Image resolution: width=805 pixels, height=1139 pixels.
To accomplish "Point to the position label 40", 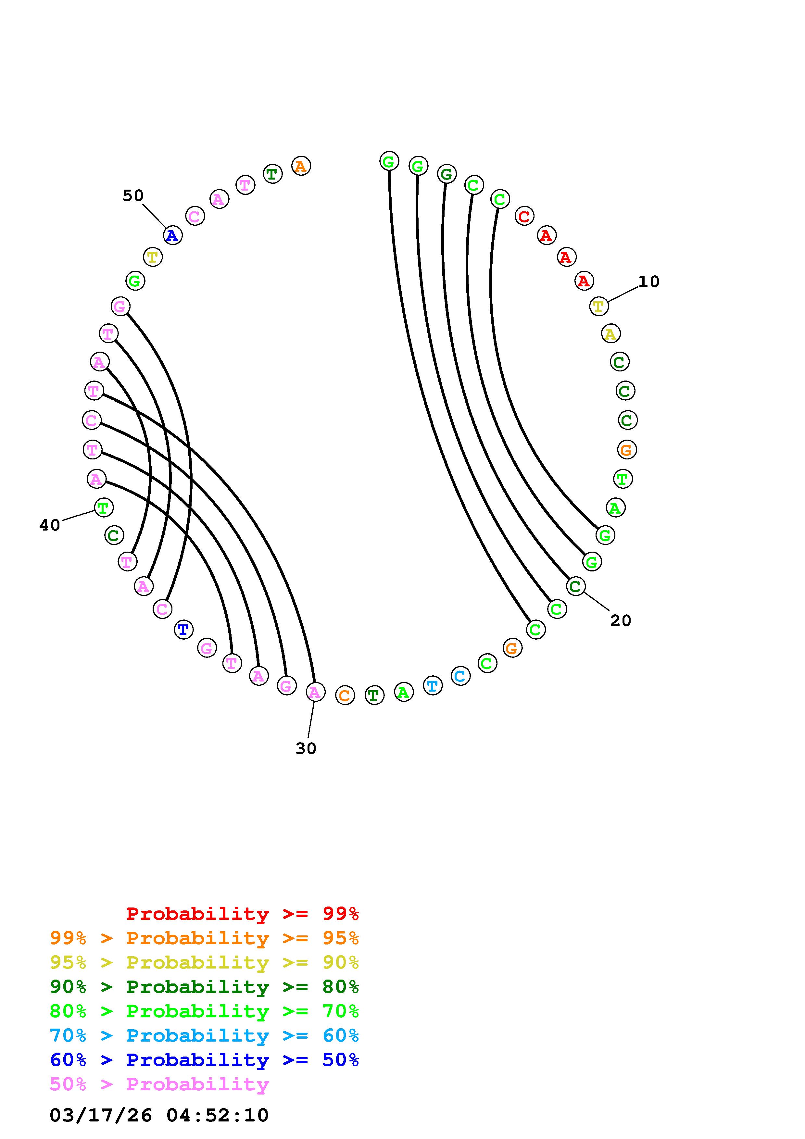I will tap(50, 525).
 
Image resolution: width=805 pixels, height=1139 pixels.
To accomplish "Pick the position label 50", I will tap(133, 195).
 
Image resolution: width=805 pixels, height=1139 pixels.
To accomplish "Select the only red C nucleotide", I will tap(524, 216).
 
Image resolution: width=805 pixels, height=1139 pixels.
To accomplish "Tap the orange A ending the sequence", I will tap(301, 166).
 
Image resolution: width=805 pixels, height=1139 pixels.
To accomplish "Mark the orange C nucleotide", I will tap(345, 695).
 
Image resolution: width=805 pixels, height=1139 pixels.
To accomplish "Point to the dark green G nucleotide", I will tap(447, 174).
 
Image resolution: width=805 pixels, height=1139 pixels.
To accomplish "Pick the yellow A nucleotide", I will tap(610, 334).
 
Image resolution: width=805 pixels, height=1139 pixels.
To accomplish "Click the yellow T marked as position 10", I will tap(599, 307).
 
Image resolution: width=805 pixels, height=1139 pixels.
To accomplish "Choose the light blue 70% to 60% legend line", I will tap(204, 1036).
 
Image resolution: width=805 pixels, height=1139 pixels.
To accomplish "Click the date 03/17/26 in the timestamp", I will tap(101, 1116).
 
